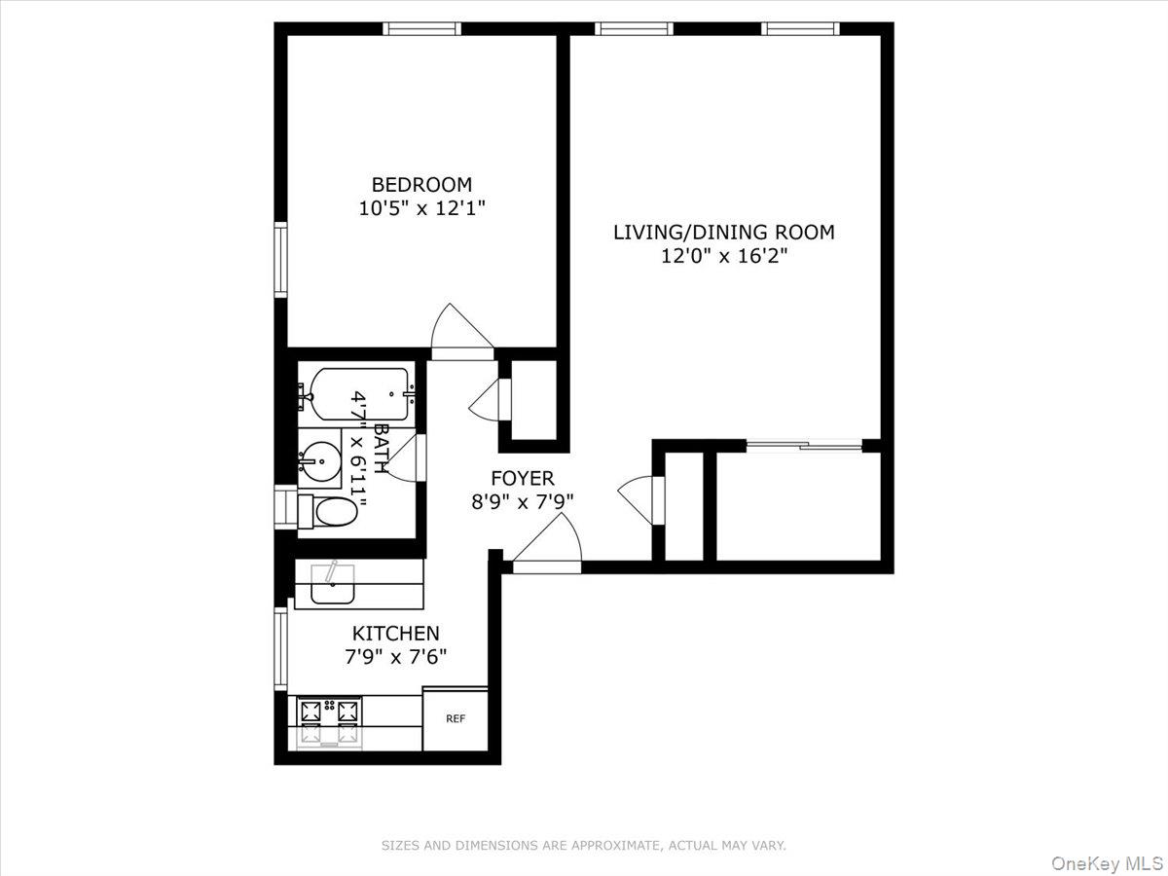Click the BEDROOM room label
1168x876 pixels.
(x=421, y=184)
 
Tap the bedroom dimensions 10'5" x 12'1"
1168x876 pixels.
(x=421, y=207)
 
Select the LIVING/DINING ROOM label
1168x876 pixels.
(x=723, y=232)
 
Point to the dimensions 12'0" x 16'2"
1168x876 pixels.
(x=723, y=256)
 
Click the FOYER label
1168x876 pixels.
(x=522, y=478)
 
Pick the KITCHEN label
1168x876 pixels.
(x=395, y=633)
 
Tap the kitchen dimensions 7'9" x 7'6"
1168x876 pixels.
(x=395, y=657)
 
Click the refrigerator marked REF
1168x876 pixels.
(x=455, y=719)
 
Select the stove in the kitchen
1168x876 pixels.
(x=330, y=723)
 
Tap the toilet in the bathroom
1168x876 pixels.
(x=327, y=511)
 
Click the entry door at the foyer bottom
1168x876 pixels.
(x=548, y=543)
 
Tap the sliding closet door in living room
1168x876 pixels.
(x=804, y=446)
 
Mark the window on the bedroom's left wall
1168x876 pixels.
(x=281, y=258)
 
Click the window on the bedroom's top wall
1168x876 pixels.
(x=421, y=28)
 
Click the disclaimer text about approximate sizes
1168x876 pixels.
(x=583, y=846)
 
